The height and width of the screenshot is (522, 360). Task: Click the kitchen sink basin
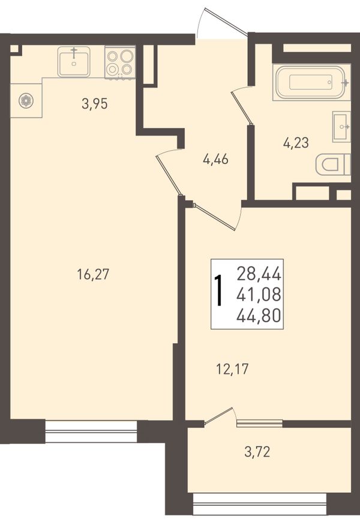74,62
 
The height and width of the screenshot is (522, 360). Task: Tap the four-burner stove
120,62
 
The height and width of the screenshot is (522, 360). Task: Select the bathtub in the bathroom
311,82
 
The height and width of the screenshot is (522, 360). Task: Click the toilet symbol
334,164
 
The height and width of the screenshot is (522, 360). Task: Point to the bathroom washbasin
341,127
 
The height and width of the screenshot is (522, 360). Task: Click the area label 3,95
95,104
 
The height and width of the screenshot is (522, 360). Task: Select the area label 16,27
93,275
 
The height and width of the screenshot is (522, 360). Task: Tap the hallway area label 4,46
215,160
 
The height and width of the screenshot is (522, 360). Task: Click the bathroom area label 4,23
296,143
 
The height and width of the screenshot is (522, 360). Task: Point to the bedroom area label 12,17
232,369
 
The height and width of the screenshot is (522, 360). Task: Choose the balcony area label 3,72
257,452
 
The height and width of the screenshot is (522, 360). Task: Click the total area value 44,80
259,316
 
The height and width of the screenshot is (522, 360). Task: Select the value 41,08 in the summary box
259,295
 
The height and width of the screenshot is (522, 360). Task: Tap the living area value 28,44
259,274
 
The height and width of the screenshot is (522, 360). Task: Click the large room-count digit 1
218,290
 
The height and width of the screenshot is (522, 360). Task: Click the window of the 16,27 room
91,431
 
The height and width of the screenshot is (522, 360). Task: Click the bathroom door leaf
241,106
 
